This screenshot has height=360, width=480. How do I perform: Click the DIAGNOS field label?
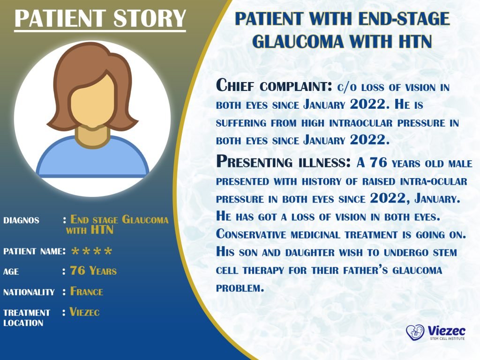tap(21, 220)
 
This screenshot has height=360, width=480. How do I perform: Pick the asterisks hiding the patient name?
tap(91, 252)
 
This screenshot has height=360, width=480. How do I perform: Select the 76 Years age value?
tap(93, 271)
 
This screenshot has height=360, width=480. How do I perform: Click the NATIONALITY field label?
tap(29, 292)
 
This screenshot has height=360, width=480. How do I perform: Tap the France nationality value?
tap(87, 292)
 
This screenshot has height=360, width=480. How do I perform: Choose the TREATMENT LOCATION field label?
tap(27, 317)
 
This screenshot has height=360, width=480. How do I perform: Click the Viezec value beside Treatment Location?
tap(85, 312)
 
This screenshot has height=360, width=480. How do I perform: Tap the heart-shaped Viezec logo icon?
tap(415, 332)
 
